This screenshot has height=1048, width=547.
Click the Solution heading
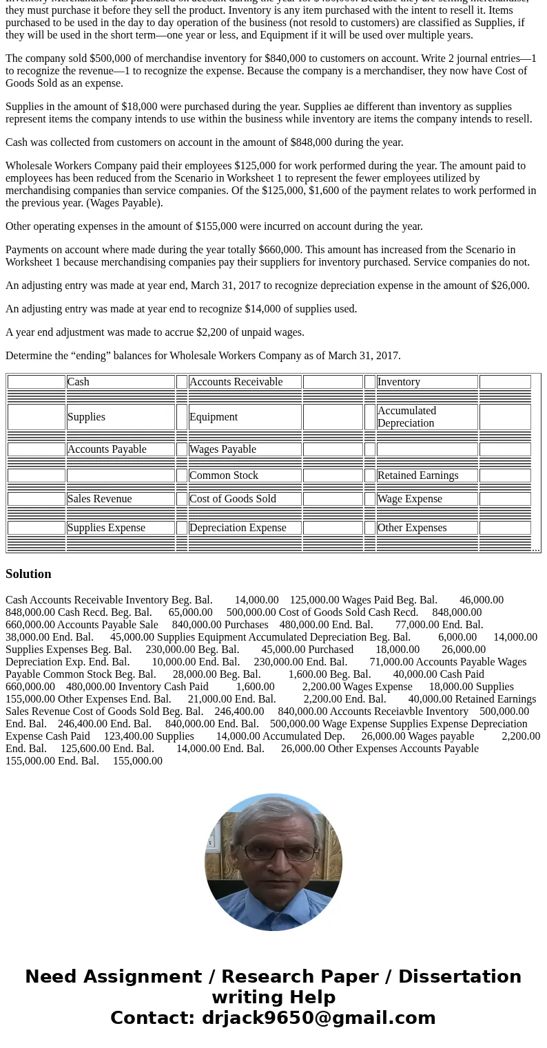tap(28, 574)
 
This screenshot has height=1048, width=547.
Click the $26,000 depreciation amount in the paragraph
tap(510, 286)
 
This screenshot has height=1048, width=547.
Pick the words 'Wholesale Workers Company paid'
tap(83, 166)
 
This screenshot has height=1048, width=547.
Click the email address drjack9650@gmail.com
tap(318, 1018)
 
